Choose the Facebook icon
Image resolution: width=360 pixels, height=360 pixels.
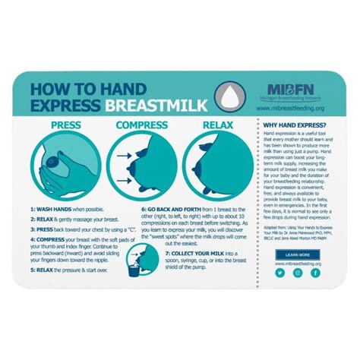point(314,272)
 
